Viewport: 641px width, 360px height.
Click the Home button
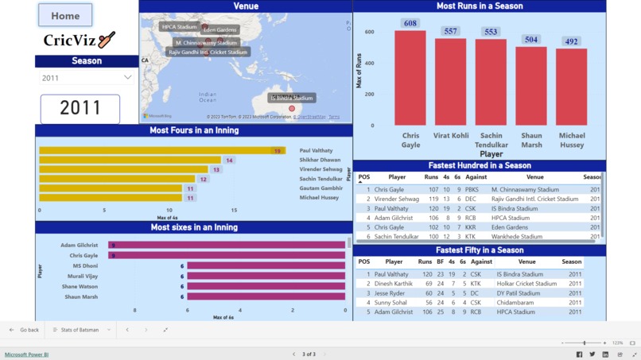coord(65,15)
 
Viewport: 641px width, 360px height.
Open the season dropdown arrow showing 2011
coord(127,77)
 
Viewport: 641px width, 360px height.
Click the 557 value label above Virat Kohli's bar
coord(451,31)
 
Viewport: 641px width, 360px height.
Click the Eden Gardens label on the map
coord(220,29)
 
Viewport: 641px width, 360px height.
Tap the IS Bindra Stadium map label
coord(291,98)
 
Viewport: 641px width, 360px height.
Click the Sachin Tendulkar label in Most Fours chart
coord(321,179)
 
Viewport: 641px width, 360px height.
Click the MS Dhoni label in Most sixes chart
coord(85,265)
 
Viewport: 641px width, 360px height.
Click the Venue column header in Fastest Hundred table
coord(534,177)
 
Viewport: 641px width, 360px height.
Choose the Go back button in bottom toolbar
coord(25,330)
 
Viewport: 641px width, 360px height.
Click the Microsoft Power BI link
coord(26,354)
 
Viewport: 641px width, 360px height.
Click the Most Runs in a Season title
coord(480,6)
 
